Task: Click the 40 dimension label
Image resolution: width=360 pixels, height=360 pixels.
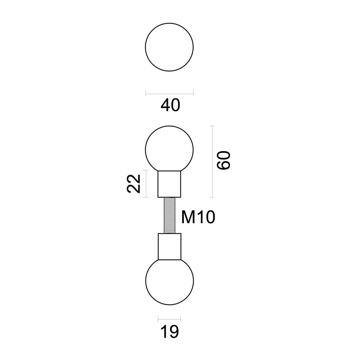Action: pos(170,105)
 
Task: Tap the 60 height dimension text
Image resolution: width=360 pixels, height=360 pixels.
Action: pos(224,160)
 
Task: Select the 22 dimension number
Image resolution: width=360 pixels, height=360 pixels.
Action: pos(133,184)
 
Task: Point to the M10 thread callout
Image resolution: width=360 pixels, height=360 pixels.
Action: pos(198,217)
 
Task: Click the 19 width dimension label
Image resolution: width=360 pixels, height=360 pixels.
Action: pos(170,332)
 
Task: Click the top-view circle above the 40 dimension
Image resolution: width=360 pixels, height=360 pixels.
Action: pos(169,47)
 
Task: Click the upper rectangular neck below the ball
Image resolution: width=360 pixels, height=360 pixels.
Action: pos(169,184)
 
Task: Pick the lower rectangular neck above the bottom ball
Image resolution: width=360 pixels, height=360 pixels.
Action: pos(169,246)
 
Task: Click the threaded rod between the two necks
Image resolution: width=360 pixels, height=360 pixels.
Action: pos(170,215)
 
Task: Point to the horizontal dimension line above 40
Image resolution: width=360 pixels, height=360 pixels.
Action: pos(169,94)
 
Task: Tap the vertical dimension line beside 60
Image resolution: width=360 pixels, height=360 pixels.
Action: pos(212,162)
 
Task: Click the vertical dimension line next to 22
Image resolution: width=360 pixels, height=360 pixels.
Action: pos(145,184)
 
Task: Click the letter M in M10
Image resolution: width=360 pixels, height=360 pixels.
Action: pos(188,217)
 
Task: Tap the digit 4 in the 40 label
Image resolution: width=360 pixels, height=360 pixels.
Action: pos(165,105)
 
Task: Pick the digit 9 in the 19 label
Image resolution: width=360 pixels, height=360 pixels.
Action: pos(174,332)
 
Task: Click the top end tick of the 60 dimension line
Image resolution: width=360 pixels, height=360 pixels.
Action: pos(212,126)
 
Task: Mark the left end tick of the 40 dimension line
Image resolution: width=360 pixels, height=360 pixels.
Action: pos(146,94)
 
